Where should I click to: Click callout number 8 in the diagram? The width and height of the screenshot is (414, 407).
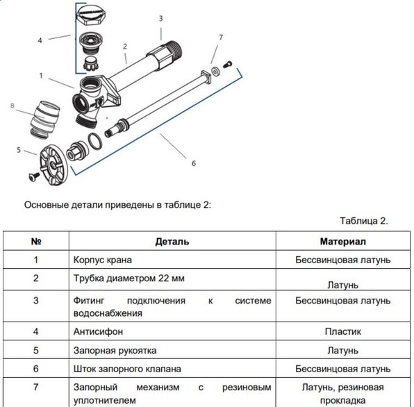(x=12, y=106)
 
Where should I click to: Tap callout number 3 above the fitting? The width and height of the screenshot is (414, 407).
(x=160, y=19)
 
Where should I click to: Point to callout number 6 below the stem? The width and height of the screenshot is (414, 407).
(x=194, y=163)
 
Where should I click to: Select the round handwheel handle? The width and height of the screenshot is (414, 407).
(x=54, y=165)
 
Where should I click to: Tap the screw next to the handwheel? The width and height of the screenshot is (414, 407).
(x=34, y=176)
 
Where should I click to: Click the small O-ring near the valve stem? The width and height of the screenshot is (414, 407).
(x=94, y=141)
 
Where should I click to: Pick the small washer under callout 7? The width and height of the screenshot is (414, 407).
(x=216, y=72)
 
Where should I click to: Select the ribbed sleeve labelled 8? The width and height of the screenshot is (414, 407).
(x=45, y=119)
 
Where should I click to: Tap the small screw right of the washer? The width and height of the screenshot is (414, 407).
(x=228, y=64)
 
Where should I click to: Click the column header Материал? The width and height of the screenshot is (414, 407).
(x=343, y=242)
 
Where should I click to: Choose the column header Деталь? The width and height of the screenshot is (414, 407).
(x=172, y=242)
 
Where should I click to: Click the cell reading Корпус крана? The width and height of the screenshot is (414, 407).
(x=102, y=260)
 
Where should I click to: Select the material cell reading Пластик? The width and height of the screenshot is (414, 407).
(x=343, y=331)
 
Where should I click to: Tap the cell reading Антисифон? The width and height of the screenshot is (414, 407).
(x=98, y=331)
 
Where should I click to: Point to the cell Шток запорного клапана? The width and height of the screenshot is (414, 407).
(x=127, y=369)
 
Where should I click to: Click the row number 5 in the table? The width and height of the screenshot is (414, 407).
(x=36, y=351)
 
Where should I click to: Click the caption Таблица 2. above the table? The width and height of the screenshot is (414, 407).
(x=364, y=221)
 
